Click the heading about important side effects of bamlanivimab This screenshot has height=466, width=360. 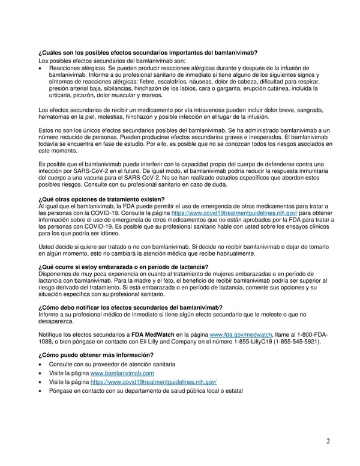click(x=148, y=53)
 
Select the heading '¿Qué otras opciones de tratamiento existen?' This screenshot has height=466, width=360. click(x=101, y=199)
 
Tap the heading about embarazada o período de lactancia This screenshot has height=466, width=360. click(x=123, y=267)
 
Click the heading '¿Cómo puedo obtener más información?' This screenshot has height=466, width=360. click(x=97, y=354)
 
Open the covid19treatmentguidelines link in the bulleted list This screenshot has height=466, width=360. click(x=153, y=382)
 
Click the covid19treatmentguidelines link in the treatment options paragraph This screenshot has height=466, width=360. click(x=234, y=213)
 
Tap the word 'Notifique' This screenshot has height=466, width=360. click(x=52, y=334)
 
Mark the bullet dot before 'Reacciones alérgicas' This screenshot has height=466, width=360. click(x=40, y=68)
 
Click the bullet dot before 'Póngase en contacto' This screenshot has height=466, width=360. click(x=40, y=392)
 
